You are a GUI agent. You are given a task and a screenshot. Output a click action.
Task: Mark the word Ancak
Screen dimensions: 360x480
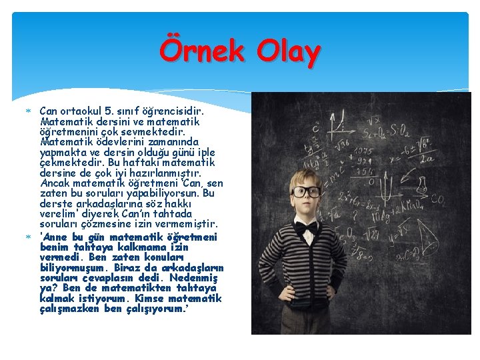coord(55,183)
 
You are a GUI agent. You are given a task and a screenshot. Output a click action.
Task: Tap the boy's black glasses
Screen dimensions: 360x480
coord(307,191)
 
